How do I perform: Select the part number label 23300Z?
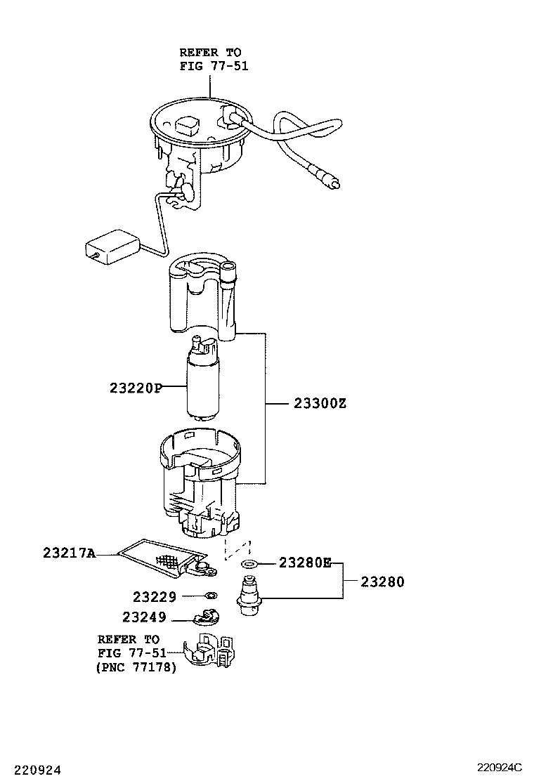point(320,404)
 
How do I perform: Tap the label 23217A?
point(69,553)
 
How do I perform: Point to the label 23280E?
point(305,562)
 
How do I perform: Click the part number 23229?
point(155,596)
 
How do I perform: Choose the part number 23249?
point(144,617)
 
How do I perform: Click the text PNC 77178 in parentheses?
point(136,667)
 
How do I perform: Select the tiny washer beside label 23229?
point(209,596)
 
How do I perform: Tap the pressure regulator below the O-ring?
point(251,596)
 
